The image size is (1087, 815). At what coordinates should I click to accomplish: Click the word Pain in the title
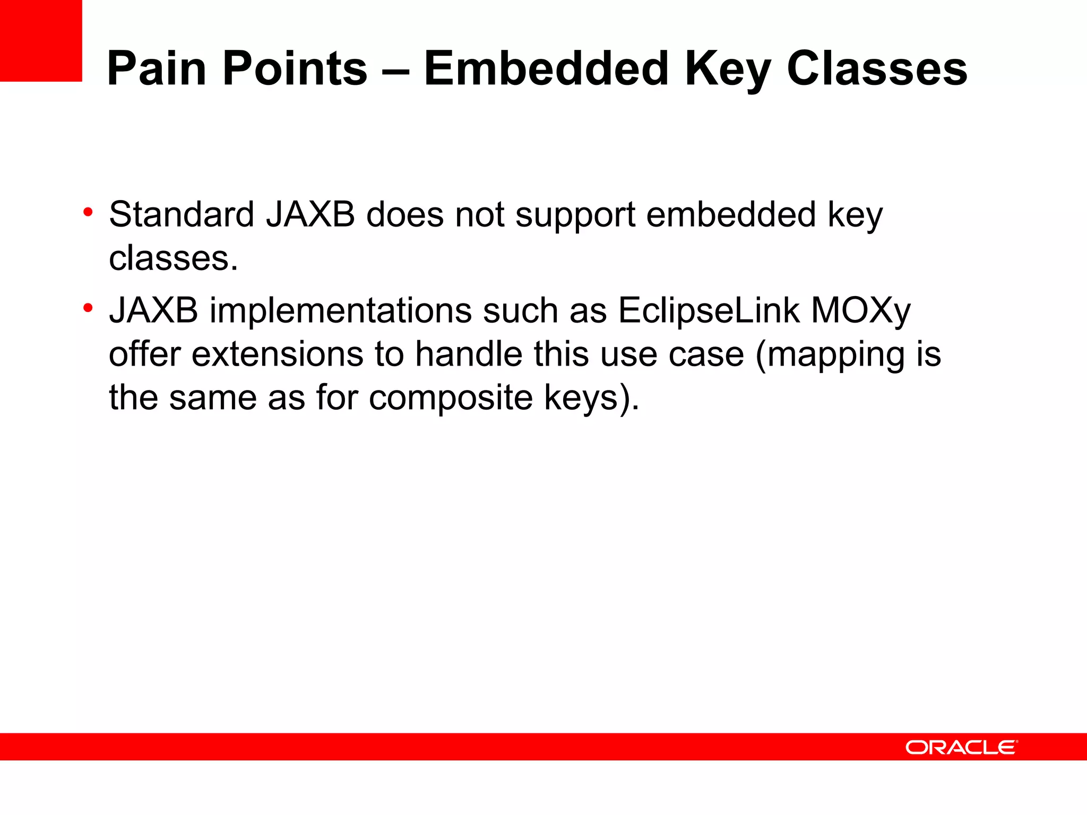[x=157, y=69]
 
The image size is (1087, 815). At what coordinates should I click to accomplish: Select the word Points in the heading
[x=295, y=69]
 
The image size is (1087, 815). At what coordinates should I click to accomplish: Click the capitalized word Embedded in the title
[x=546, y=69]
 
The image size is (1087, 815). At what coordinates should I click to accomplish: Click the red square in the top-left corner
[x=41, y=40]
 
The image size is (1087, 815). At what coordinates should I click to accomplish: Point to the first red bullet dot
[x=88, y=213]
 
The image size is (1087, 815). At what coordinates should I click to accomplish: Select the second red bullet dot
[x=88, y=308]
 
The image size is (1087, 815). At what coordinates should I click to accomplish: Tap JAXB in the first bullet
[x=310, y=215]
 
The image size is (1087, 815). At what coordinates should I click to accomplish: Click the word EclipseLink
[x=709, y=311]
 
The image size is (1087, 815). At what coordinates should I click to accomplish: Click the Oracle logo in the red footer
[x=961, y=748]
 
